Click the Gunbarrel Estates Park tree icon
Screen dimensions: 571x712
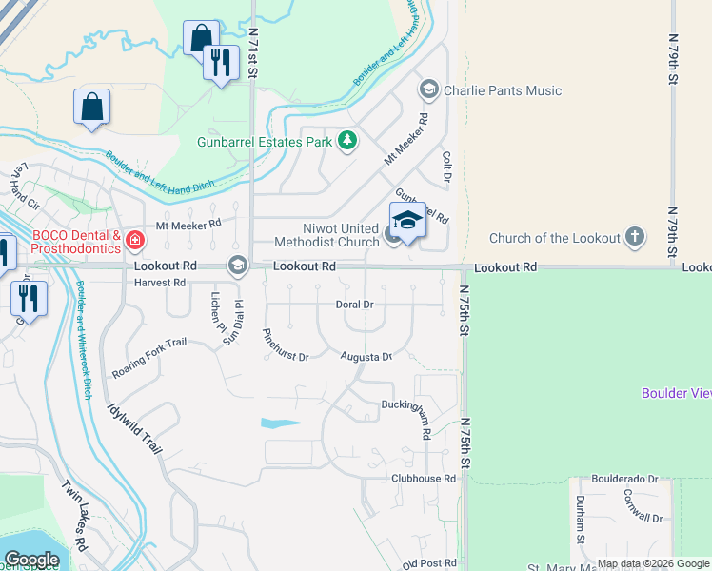point(347,142)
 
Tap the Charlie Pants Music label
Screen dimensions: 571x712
point(502,90)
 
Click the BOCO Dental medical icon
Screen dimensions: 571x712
point(135,239)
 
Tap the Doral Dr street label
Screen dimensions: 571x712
point(354,305)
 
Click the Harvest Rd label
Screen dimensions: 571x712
point(160,283)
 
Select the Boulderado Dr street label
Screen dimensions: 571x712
point(625,480)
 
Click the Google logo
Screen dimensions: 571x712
point(31,559)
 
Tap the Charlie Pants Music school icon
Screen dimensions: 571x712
point(428,90)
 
